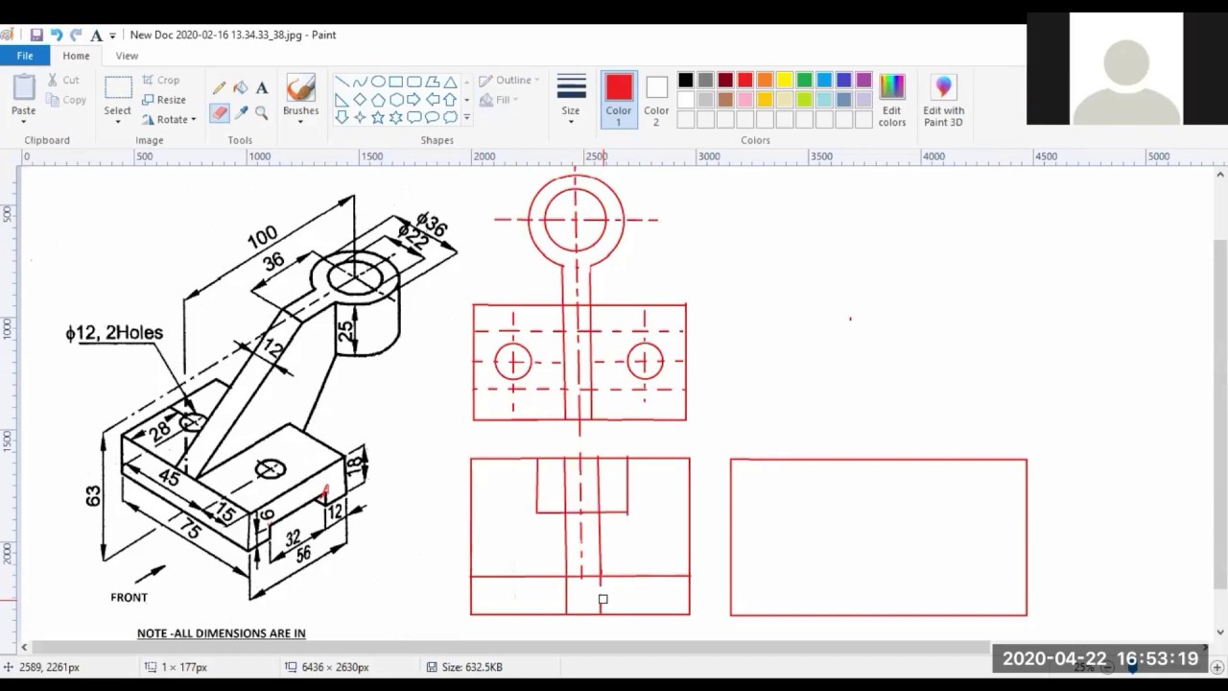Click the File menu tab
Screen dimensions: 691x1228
[25, 56]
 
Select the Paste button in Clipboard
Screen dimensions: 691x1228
[24, 96]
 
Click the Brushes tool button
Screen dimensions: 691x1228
[300, 96]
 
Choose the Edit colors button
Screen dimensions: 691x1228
[891, 100]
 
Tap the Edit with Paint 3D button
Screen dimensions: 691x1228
[943, 100]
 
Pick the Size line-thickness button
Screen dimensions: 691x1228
[571, 96]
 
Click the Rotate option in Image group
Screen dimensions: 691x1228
[169, 119]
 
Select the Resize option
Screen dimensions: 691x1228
[164, 100]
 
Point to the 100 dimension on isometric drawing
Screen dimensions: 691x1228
[262, 236]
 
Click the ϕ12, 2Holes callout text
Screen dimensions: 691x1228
[114, 333]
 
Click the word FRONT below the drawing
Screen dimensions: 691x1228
[129, 597]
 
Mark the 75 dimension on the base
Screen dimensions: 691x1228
[190, 530]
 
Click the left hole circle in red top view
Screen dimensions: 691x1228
[513, 362]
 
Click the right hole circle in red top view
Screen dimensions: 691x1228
[645, 362]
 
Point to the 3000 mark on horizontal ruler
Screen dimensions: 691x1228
[709, 156]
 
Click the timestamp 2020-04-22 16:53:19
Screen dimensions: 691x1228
[1100, 658]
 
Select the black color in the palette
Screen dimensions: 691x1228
[685, 81]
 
